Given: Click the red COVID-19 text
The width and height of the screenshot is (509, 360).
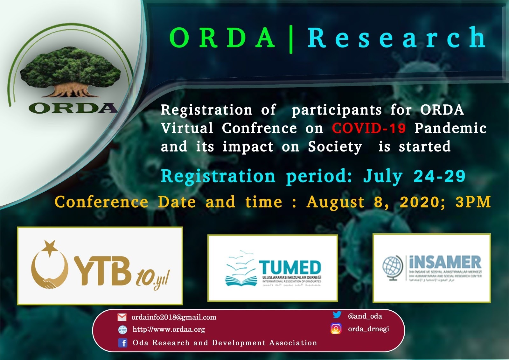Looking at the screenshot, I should pyautogui.click(x=369, y=128).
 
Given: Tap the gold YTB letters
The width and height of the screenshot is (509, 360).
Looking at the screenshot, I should pyautogui.click(x=103, y=271).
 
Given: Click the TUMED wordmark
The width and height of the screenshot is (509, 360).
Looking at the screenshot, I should pyautogui.click(x=290, y=267).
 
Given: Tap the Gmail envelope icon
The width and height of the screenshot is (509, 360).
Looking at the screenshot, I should pyautogui.click(x=122, y=317).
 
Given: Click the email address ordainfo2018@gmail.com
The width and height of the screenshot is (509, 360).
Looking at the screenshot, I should pyautogui.click(x=174, y=317).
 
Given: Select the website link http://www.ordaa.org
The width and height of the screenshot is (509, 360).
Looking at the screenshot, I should pyautogui.click(x=169, y=329).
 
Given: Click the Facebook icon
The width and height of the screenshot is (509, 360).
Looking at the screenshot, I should pyautogui.click(x=122, y=343).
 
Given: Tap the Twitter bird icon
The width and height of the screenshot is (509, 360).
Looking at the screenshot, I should pyautogui.click(x=337, y=315).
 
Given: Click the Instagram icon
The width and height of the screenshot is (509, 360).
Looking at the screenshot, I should pyautogui.click(x=336, y=328).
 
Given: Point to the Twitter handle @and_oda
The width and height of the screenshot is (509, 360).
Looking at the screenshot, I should pyautogui.click(x=365, y=316).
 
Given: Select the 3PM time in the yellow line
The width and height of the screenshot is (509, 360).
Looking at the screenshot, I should pyautogui.click(x=473, y=202).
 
